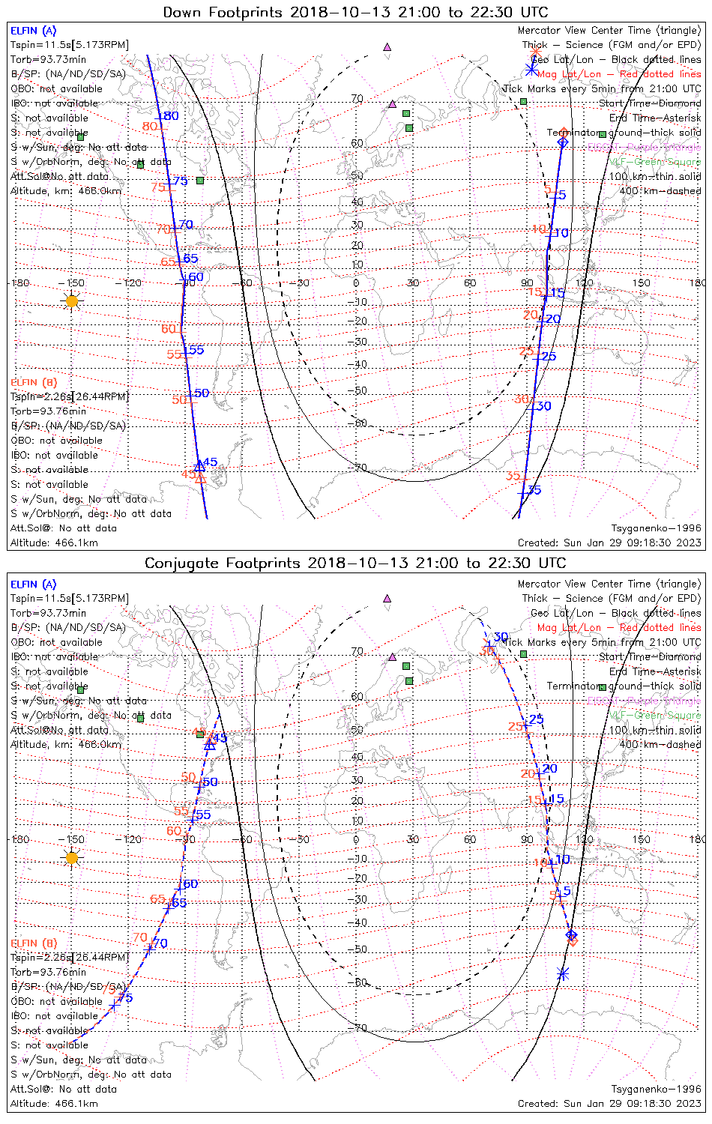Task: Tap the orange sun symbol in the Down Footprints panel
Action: pyautogui.click(x=71, y=300)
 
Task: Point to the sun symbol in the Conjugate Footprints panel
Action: pyautogui.click(x=71, y=857)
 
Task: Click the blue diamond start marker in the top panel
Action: pyautogui.click(x=563, y=142)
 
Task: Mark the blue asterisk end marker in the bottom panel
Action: pyautogui.click(x=563, y=974)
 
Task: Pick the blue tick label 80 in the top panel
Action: pyautogui.click(x=171, y=116)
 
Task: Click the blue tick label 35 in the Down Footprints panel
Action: pyautogui.click(x=534, y=490)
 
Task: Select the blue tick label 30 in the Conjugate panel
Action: pyautogui.click(x=501, y=637)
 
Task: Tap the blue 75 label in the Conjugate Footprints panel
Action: pyautogui.click(x=125, y=998)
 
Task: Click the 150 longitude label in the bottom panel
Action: pyautogui.click(x=642, y=839)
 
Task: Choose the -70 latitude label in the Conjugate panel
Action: pyautogui.click(x=359, y=1027)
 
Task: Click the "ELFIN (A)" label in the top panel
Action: pyautogui.click(x=33, y=31)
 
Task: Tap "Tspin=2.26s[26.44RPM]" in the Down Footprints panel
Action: pyautogui.click(x=70, y=396)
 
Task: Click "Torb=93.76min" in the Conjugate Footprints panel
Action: pyautogui.click(x=48, y=972)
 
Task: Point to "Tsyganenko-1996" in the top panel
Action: pyautogui.click(x=657, y=528)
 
